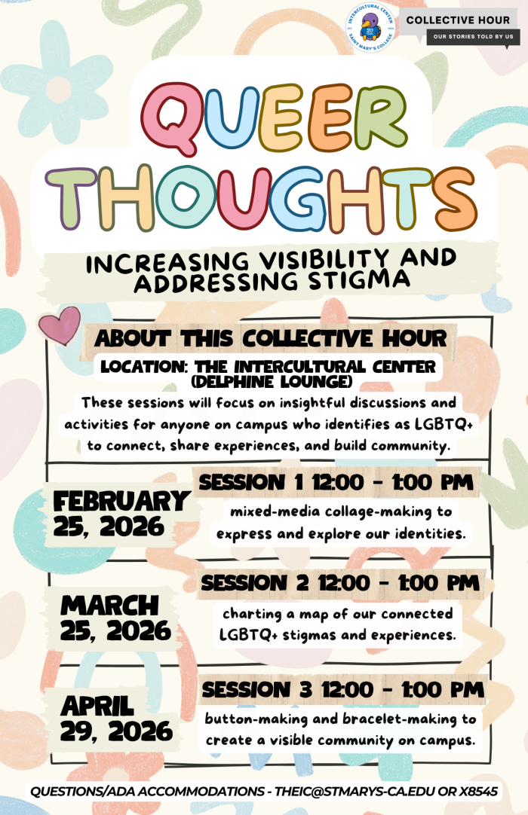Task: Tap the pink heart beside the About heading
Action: coord(60,325)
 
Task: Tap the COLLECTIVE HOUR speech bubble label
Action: coord(458,20)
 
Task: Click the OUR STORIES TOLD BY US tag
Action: coord(473,36)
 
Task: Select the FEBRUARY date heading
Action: coord(121,502)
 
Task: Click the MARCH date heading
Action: coord(110,606)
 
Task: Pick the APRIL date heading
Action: coord(97,706)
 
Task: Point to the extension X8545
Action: coord(478,792)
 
